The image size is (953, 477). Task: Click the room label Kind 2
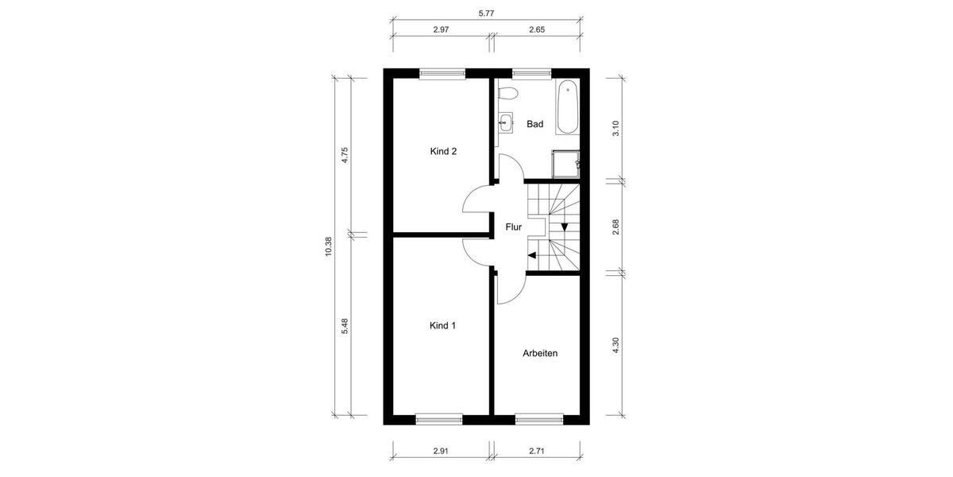coord(443,151)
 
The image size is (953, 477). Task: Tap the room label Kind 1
coord(443,325)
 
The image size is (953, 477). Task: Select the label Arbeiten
coord(540,353)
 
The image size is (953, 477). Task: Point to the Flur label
coord(514,227)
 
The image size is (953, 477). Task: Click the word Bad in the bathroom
coord(535,124)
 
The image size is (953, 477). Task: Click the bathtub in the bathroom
coord(567,107)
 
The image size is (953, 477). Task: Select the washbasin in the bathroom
coord(505,122)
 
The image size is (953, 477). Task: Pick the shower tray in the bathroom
coord(565,164)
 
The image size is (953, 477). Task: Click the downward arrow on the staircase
coord(565,227)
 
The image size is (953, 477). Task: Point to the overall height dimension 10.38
coord(328,247)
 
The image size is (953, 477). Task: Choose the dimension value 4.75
coord(345,154)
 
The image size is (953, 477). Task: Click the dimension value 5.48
coord(345,326)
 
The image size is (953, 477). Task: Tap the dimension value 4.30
coord(615,346)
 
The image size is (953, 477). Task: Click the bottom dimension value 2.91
coord(442,451)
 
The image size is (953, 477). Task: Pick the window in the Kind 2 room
coord(442,74)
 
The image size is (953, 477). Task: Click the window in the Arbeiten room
coord(539,417)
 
